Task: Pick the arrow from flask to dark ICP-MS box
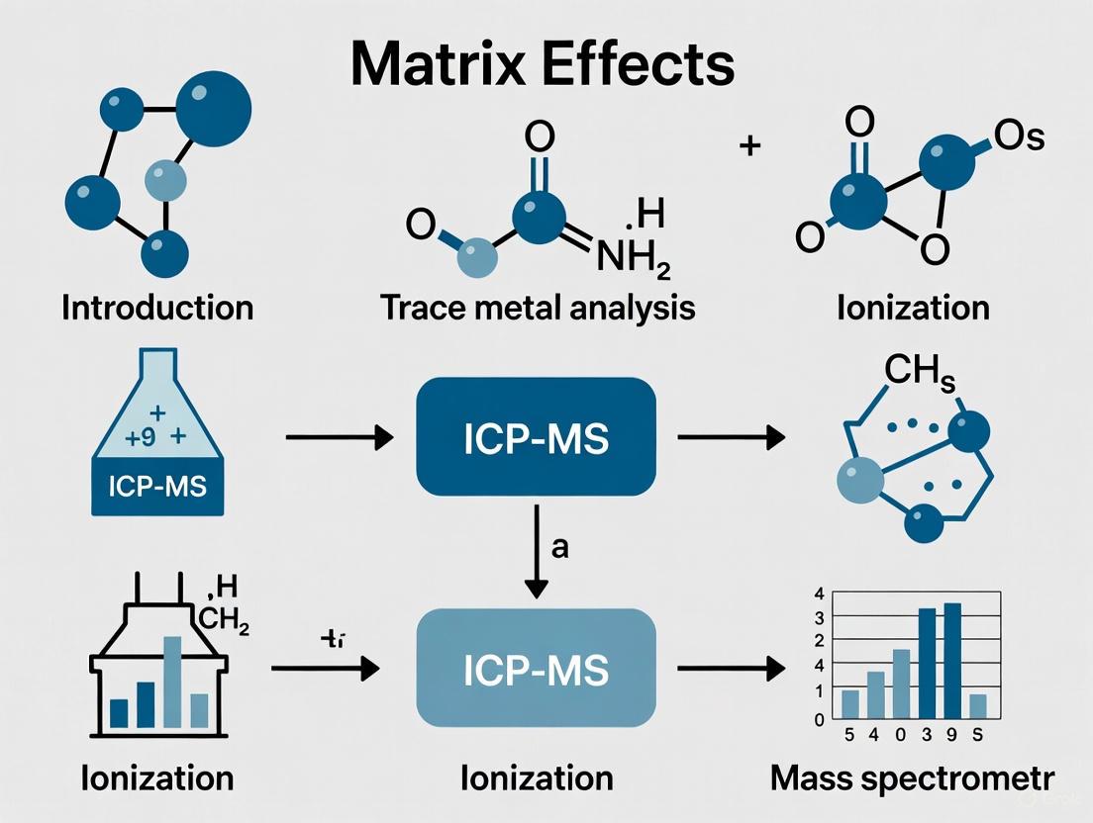click(337, 437)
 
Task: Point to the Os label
click(1019, 137)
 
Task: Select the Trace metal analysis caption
click(538, 308)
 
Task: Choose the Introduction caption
click(157, 308)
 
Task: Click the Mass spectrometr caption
click(911, 778)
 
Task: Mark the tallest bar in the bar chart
click(953, 660)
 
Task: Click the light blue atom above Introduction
click(164, 182)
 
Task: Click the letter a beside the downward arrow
click(559, 547)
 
